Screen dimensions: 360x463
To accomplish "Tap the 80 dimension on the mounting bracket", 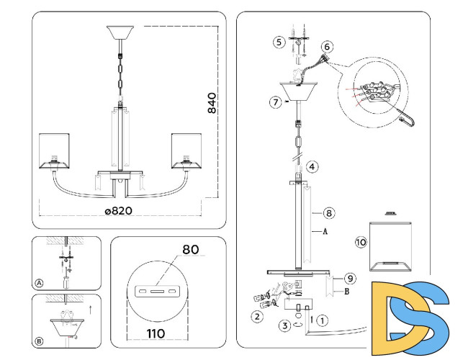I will coord(190,250).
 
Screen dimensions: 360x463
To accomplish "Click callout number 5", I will coord(279,42).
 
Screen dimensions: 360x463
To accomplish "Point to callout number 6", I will coord(328,47).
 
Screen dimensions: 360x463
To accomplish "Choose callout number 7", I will coord(275,102).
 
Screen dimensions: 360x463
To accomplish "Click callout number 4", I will coord(312,166).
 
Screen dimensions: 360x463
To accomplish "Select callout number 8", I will coord(328,213).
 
